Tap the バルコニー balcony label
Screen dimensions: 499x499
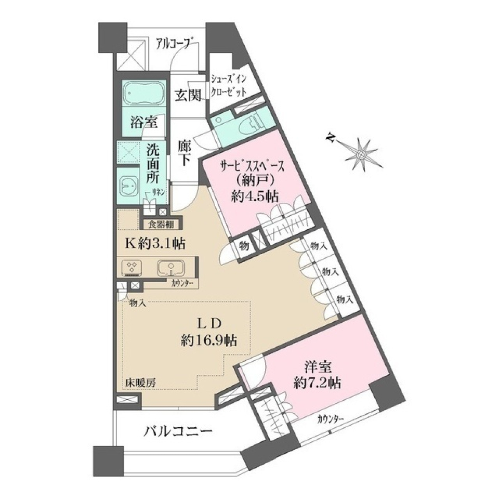pyautogui.click(x=178, y=431)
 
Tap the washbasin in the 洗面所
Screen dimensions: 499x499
pyautogui.click(x=128, y=184)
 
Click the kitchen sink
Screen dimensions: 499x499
pyautogui.click(x=170, y=268)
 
